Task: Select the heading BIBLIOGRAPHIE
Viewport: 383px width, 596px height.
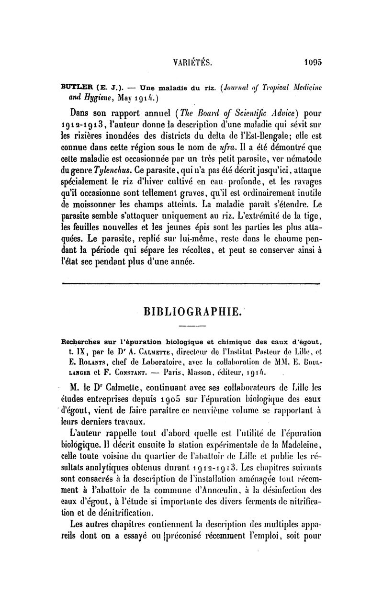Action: pos(192,312)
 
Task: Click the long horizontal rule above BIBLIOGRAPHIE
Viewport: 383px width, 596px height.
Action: pos(191,284)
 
